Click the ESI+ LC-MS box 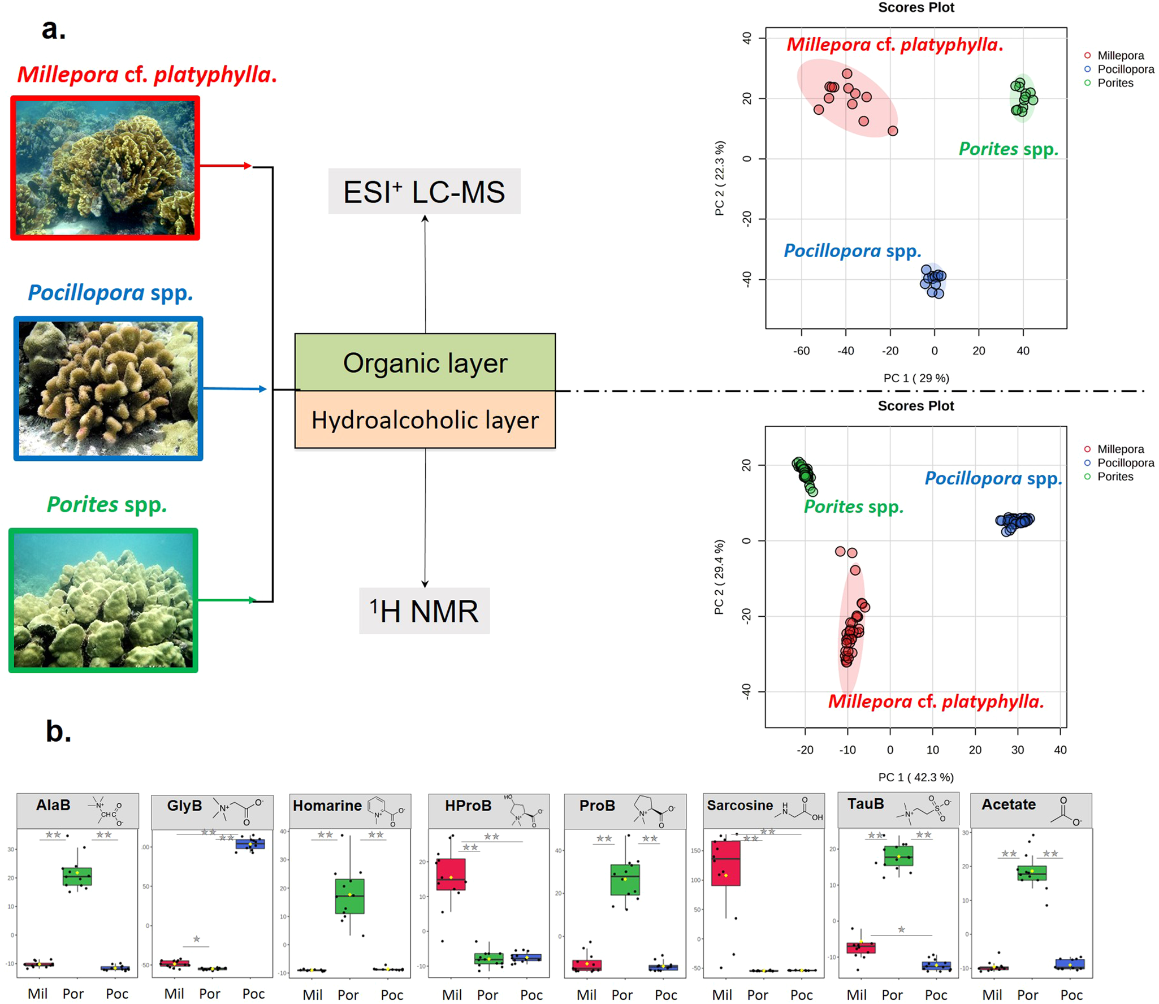(x=424, y=192)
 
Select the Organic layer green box (x=425, y=362)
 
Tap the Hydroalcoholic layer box (x=425, y=420)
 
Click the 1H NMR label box (x=424, y=611)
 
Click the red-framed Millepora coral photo (x=105, y=168)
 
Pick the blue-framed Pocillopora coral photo (x=108, y=388)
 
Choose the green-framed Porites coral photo (x=103, y=600)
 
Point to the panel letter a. (x=54, y=29)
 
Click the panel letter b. (x=58, y=730)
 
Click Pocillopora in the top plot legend (x=1125, y=69)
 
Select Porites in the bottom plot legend (x=1115, y=477)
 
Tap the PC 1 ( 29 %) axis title (x=916, y=378)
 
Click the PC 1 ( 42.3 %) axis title (x=915, y=777)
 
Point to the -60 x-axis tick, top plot (x=801, y=350)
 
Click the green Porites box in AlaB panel (x=77, y=876)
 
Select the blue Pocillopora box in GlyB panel (x=250, y=844)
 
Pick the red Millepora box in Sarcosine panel (x=725, y=863)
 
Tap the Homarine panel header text (x=327, y=806)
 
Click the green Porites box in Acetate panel (x=1031, y=873)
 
